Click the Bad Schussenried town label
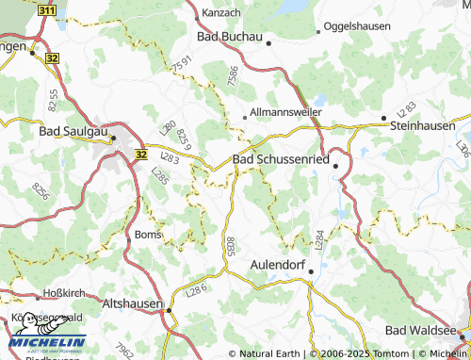pyautogui.click(x=280, y=161)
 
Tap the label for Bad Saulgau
pyautogui.click(x=74, y=133)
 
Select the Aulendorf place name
pyautogui.click(x=280, y=266)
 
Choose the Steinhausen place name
pyautogui.click(x=428, y=123)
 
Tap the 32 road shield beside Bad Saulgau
pyautogui.click(x=140, y=154)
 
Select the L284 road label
pyautogui.click(x=319, y=239)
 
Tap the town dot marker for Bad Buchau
pyautogui.click(x=268, y=42)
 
